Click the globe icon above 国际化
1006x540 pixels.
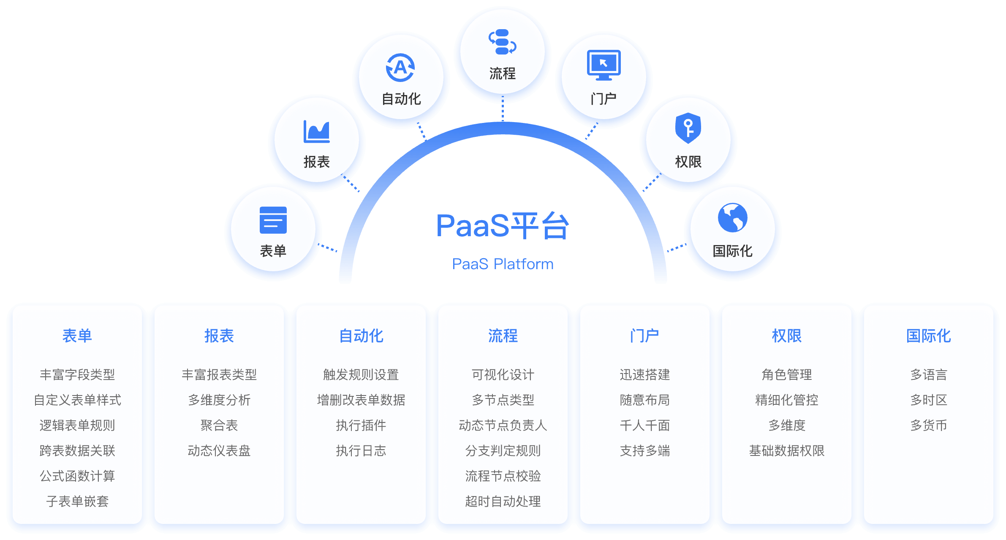(732, 218)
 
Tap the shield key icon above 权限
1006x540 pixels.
(688, 128)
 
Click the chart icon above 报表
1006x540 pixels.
(316, 131)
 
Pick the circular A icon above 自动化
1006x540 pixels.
(400, 68)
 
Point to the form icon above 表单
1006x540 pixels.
(273, 220)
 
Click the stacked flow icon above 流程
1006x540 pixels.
(502, 42)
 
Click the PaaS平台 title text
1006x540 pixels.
(503, 226)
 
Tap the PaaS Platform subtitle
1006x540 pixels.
(503, 264)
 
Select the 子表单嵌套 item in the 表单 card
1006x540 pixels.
(77, 502)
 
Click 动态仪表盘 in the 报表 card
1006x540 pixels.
(219, 451)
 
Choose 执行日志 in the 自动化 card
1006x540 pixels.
(361, 451)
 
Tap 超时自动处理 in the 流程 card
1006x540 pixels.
(503, 502)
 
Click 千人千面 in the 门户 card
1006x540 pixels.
(645, 425)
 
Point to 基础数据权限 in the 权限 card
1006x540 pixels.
(787, 451)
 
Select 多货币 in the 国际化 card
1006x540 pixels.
(929, 425)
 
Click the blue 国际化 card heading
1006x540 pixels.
(929, 336)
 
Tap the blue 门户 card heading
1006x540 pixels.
(645, 336)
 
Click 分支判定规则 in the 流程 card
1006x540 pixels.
(503, 451)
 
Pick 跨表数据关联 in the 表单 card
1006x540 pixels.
(77, 451)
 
